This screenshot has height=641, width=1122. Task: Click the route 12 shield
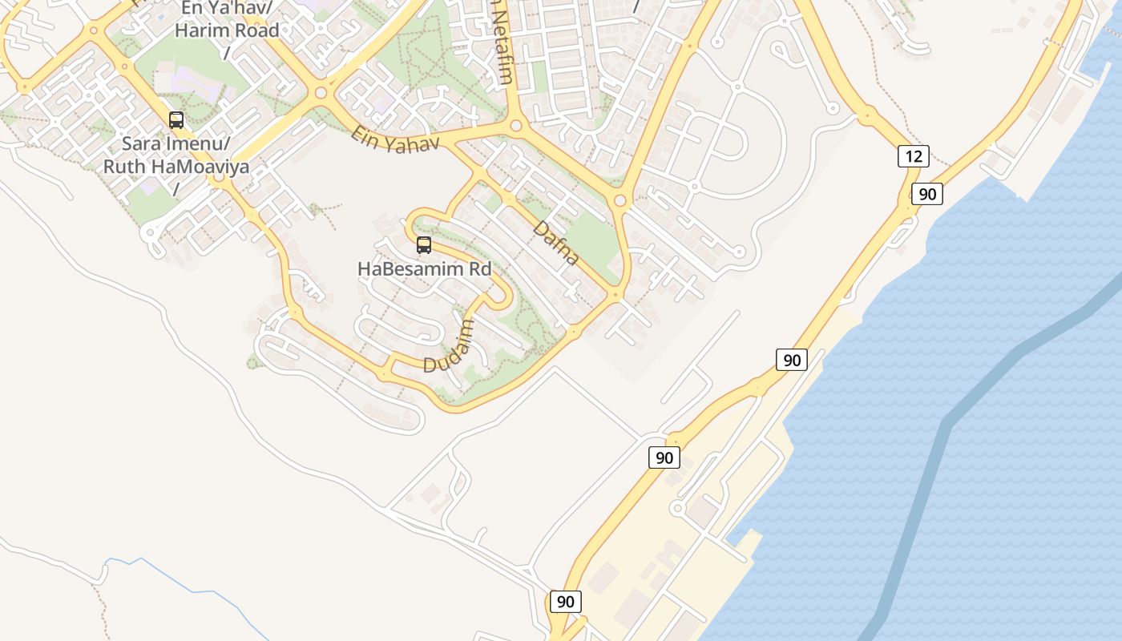914,156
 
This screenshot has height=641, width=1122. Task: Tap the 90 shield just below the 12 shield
927,194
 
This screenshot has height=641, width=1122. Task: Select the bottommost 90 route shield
566,602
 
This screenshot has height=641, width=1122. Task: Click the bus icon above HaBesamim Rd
424,245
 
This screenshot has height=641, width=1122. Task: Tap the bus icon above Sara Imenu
176,120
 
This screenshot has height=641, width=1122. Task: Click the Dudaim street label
450,346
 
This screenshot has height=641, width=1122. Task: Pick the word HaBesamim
401,269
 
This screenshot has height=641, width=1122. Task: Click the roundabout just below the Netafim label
516,126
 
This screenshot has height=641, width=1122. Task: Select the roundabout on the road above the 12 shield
866,117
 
